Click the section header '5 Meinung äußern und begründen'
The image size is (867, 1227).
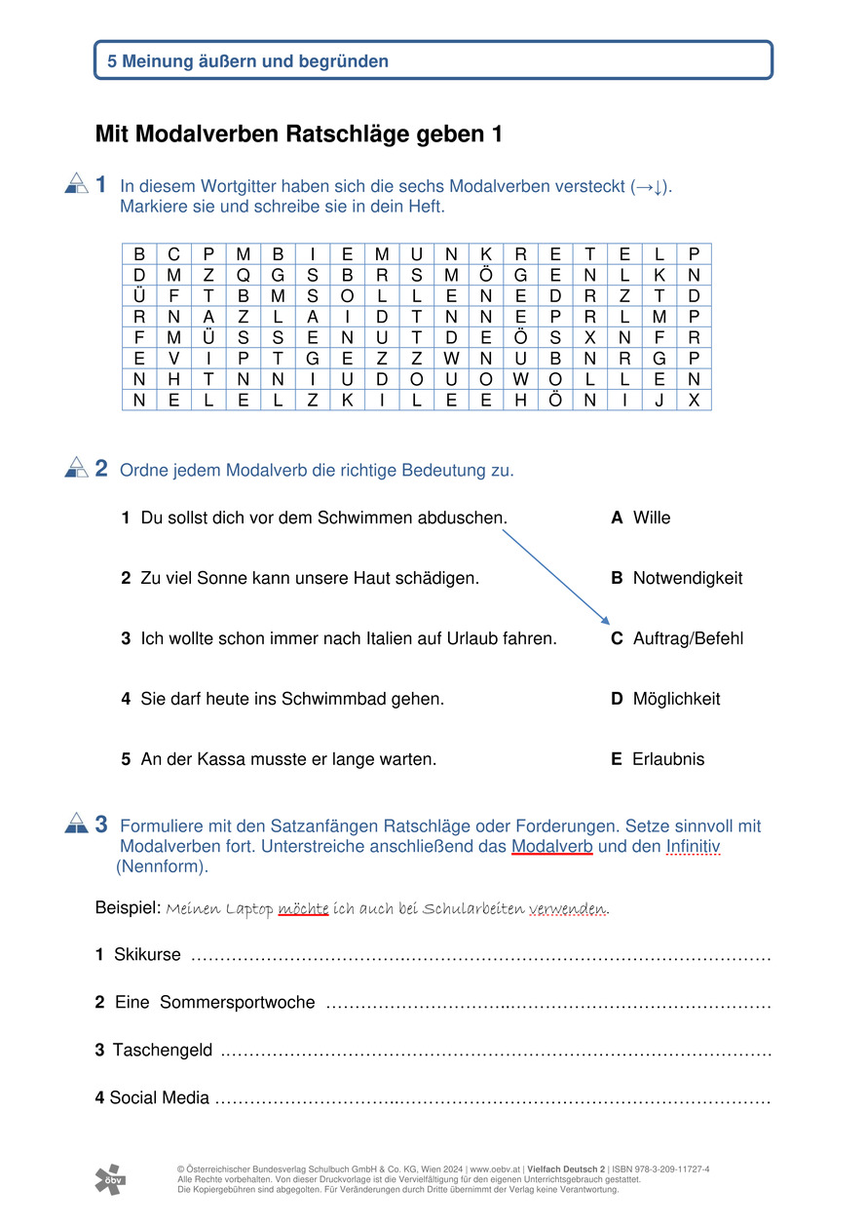248,61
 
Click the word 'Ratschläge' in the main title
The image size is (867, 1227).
341,134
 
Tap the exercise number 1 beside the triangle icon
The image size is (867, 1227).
102,184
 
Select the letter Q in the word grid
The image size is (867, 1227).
243,275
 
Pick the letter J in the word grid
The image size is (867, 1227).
660,400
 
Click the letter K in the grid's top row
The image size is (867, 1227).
486,254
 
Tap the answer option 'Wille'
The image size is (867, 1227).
651,518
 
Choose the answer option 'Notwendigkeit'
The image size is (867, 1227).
687,578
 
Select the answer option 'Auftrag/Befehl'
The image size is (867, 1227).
687,638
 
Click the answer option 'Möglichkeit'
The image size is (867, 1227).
676,699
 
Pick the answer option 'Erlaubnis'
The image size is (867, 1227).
668,759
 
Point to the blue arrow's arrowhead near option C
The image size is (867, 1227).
606,621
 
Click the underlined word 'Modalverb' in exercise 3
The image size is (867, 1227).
551,846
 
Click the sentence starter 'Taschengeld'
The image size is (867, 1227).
163,1050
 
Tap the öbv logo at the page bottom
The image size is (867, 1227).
110,1179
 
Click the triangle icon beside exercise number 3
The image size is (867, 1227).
76,825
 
